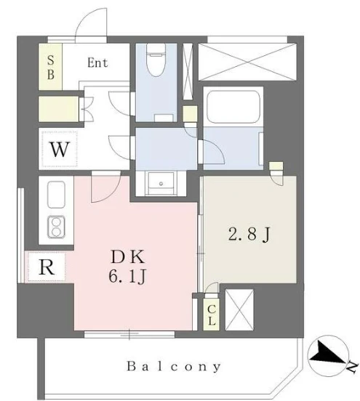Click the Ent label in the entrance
(x=97, y=62)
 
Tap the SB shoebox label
(x=51, y=68)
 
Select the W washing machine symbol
(x=60, y=149)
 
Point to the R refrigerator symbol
(x=47, y=267)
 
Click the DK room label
(x=128, y=256)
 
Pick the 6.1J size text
(x=127, y=277)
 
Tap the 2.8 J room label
(x=249, y=234)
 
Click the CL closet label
(x=212, y=315)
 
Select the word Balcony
(x=174, y=366)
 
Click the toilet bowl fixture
(x=156, y=60)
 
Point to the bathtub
(x=233, y=107)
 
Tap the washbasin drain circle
(x=161, y=183)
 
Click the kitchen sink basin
(x=56, y=195)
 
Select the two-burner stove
(x=56, y=227)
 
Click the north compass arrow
(x=329, y=353)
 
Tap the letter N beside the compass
(x=352, y=368)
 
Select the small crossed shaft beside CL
(x=239, y=309)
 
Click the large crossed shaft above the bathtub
(x=247, y=62)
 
